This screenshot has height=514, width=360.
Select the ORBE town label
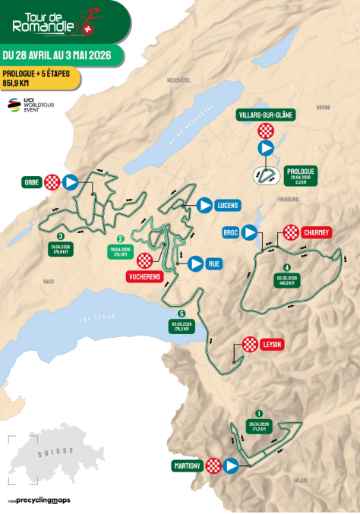coord(31,181)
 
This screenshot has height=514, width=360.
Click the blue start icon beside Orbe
coord(71,181)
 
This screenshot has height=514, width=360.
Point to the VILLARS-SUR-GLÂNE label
coord(265,115)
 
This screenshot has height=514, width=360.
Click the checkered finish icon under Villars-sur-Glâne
coord(265,131)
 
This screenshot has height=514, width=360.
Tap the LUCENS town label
coord(227,205)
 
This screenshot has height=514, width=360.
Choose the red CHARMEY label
coord(314,232)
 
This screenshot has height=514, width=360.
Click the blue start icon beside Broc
coord(251,232)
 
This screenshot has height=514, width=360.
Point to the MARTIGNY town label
coord(188,465)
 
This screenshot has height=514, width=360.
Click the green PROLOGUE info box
coord(301,176)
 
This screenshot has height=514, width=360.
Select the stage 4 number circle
coord(286,267)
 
